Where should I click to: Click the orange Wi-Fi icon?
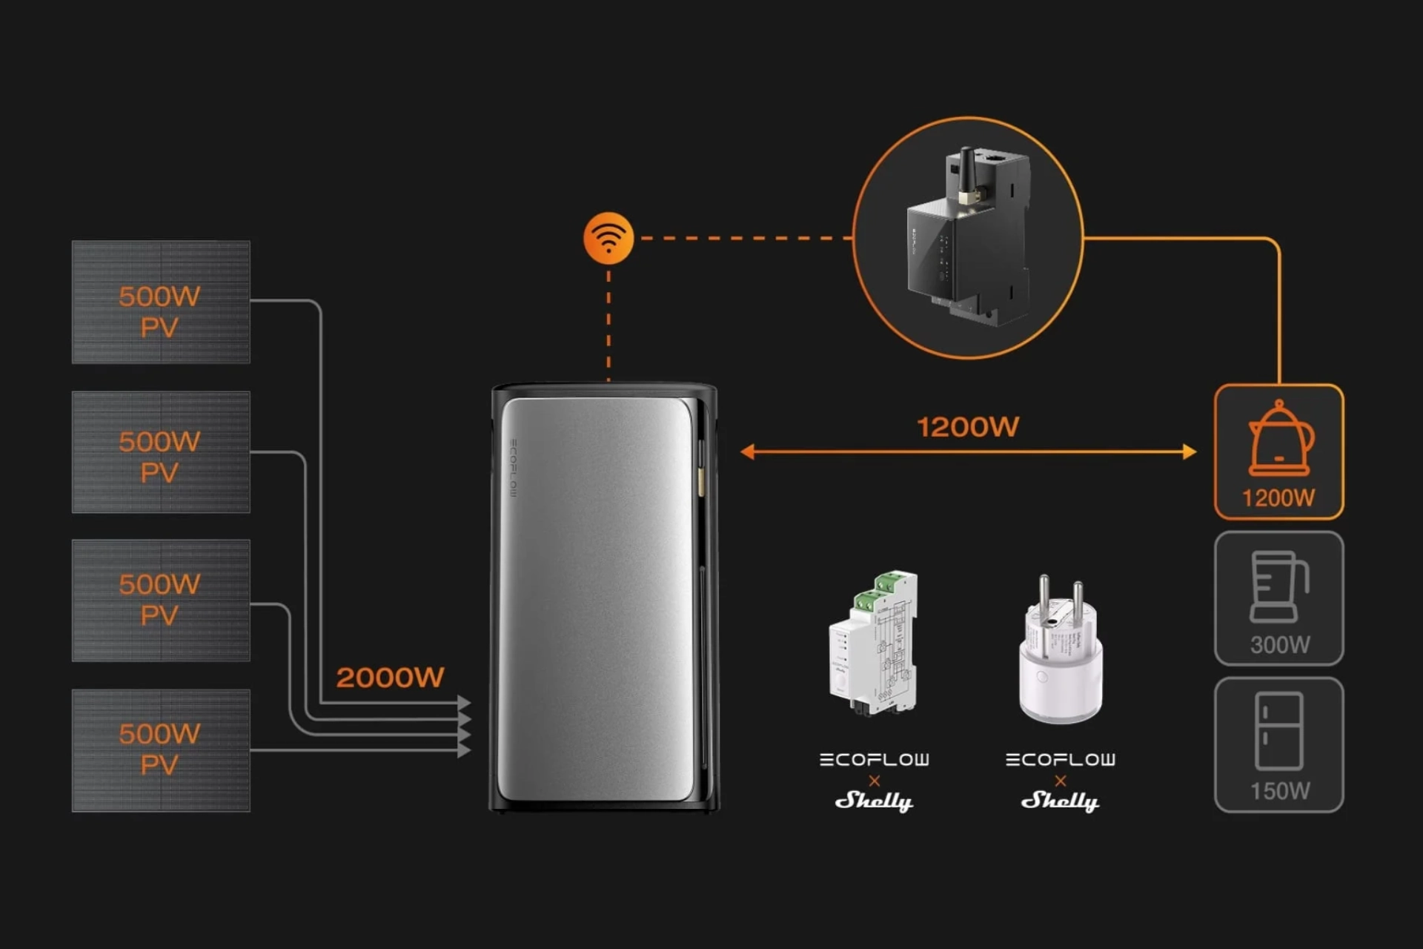pyautogui.click(x=608, y=238)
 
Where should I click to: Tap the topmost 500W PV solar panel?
pyautogui.click(x=161, y=302)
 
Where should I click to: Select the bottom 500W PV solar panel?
pyautogui.click(x=161, y=750)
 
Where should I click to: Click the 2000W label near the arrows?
pyautogui.click(x=390, y=677)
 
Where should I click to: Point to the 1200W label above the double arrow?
pyautogui.click(x=968, y=427)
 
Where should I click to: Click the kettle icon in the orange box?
pyautogui.click(x=1280, y=438)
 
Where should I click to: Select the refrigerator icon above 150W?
pyautogui.click(x=1279, y=731)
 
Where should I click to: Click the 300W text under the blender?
pyautogui.click(x=1280, y=644)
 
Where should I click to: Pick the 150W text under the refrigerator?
pyautogui.click(x=1280, y=790)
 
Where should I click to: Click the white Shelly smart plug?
pyautogui.click(x=1061, y=652)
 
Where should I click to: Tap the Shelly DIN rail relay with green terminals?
pyautogui.click(x=875, y=644)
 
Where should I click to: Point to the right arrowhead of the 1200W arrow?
pyautogui.click(x=1189, y=452)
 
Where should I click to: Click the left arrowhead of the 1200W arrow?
pyautogui.click(x=748, y=452)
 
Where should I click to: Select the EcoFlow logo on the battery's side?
pyautogui.click(x=513, y=468)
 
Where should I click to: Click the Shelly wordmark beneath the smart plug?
pyautogui.click(x=1061, y=801)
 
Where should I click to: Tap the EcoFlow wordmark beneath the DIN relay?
pyautogui.click(x=875, y=759)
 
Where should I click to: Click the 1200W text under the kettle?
pyautogui.click(x=1278, y=497)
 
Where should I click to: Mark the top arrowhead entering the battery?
pyautogui.click(x=464, y=702)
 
